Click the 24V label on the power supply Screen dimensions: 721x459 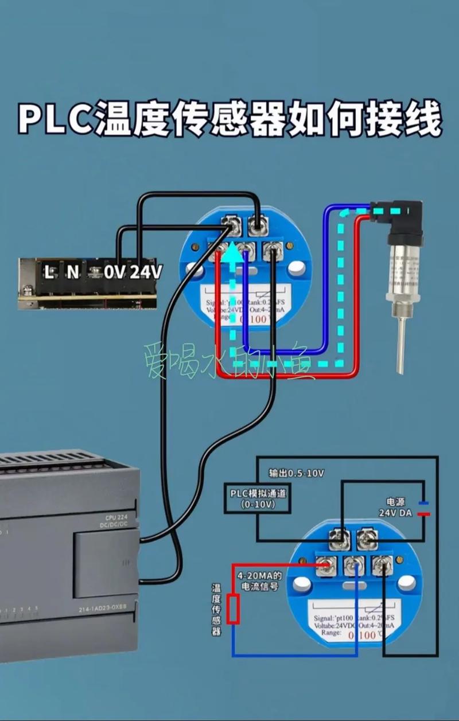tap(145, 272)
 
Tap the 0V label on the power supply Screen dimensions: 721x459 tap(114, 272)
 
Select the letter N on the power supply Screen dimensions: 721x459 tap(72, 272)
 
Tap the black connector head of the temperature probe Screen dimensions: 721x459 tap(399, 215)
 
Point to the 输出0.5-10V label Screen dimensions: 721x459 tap(297, 473)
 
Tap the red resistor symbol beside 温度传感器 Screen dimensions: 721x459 tap(233, 609)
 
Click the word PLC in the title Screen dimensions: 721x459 tap(56, 119)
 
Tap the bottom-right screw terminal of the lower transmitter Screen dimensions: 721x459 tap(381, 567)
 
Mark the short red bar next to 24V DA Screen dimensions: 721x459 tap(423, 514)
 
